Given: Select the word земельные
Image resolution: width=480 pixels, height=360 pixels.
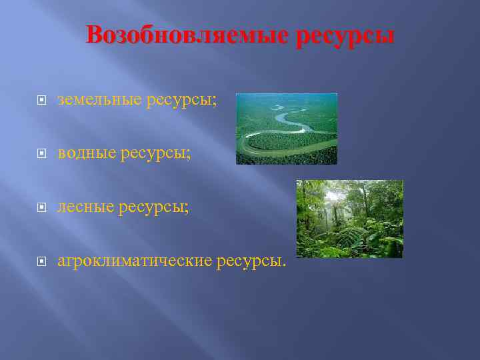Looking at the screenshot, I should [99, 100].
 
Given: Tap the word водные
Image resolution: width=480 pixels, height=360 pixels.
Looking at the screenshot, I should [86, 153].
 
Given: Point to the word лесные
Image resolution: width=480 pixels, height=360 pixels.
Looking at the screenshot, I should [85, 207].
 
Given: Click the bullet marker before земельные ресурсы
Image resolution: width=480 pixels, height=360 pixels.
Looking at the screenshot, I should [41, 101].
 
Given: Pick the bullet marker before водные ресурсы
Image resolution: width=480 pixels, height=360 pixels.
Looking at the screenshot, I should [41, 154].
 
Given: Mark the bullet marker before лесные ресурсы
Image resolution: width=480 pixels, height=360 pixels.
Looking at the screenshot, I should [41, 208].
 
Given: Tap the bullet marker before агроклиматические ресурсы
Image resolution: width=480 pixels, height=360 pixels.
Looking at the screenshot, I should [41, 261].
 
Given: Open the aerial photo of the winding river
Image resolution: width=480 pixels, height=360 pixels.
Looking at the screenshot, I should [287, 129].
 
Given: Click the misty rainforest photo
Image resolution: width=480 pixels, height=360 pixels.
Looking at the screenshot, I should [349, 219].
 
